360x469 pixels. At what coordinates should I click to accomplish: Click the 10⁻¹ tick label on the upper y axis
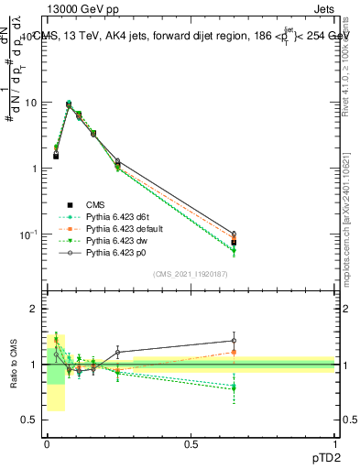coord(28,234)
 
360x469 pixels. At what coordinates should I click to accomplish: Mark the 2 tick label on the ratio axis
coord(34,309)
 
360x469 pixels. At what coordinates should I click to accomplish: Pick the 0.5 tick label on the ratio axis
coord(30,420)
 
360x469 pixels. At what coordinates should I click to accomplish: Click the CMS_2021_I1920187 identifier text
coord(191,273)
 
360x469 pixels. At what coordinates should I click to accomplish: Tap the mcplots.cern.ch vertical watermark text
coord(350,229)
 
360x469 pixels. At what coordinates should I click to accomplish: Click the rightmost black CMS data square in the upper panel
coord(234,243)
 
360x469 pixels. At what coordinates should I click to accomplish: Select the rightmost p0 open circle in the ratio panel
coord(234,341)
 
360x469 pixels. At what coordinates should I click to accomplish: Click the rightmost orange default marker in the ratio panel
coord(234,352)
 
